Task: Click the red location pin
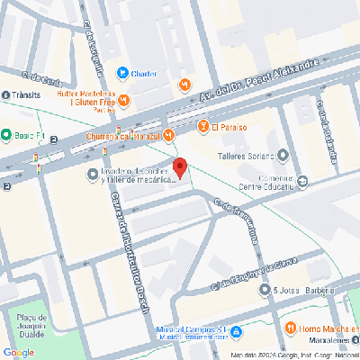(180, 167)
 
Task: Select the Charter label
(144, 74)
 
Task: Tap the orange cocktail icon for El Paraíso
(203, 126)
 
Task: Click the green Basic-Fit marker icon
(6, 136)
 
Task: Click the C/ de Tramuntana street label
(236, 221)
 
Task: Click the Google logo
(18, 352)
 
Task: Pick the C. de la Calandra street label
(327, 130)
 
